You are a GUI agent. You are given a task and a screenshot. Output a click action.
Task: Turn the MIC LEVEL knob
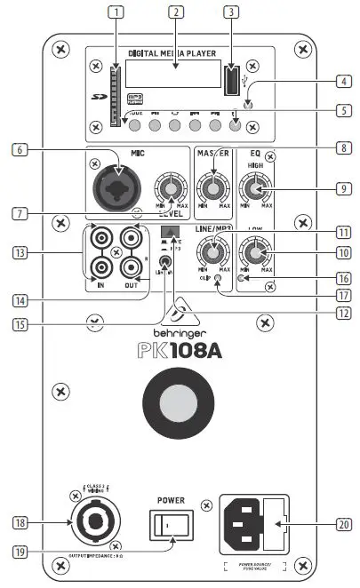pos(166,188)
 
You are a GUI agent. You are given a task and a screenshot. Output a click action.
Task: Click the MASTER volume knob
pos(212,188)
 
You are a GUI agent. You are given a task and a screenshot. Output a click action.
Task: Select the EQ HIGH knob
pos(256,188)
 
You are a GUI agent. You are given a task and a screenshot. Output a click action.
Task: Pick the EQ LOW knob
pos(256,254)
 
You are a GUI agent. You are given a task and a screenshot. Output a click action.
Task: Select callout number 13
pos(16,252)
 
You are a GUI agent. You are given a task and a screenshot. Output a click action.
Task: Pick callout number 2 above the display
pos(177,12)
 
